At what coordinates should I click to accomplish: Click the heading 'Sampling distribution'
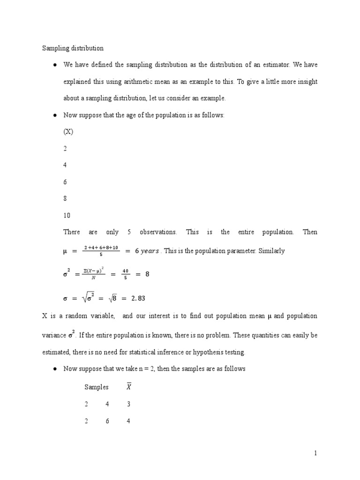pos(73,48)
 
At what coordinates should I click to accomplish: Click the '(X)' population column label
pos(68,132)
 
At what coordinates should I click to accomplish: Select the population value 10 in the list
pos(67,216)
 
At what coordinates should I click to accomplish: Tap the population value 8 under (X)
pos(65,199)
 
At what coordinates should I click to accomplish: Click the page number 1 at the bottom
pos(316,453)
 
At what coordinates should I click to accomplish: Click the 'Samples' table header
pos(97,387)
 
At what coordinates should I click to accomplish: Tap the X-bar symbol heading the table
pos(129,387)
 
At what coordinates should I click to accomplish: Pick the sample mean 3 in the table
pos(129,404)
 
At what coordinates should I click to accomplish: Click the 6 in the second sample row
pos(107,421)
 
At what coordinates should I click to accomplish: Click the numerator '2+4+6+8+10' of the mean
pos(101,247)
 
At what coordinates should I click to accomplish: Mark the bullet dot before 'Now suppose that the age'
pos(55,115)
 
